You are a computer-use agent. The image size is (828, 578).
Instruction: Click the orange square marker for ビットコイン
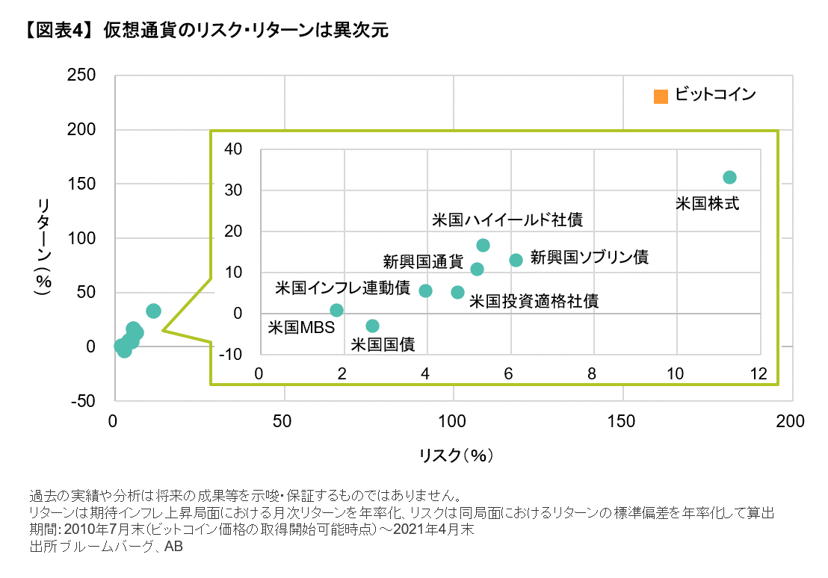[x=660, y=96]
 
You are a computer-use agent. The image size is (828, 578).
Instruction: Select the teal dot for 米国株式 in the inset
[x=729, y=177]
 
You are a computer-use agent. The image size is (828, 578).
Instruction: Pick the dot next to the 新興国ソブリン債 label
[x=516, y=260]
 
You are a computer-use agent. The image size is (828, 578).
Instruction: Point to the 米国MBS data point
[x=336, y=310]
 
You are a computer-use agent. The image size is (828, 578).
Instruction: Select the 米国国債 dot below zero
[x=372, y=326]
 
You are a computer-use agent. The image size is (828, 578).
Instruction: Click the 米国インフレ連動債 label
[x=342, y=288]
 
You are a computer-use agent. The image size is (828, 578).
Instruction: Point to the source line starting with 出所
[x=105, y=546]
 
